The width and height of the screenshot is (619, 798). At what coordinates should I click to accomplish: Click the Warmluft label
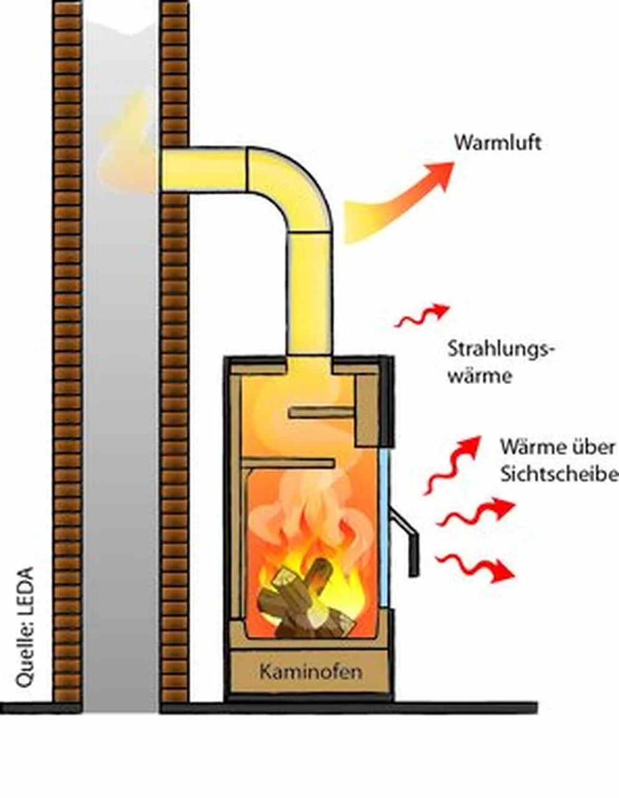pos(497,143)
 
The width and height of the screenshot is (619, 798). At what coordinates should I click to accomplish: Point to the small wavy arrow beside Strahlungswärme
pos(421,315)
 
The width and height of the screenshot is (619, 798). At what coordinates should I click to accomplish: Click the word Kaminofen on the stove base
pos(310,673)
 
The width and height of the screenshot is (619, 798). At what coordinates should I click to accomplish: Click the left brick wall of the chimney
pos(67,349)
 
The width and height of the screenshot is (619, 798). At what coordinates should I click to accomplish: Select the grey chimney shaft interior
pos(120,436)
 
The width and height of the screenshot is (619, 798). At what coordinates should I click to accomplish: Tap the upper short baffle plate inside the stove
pos(321,412)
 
